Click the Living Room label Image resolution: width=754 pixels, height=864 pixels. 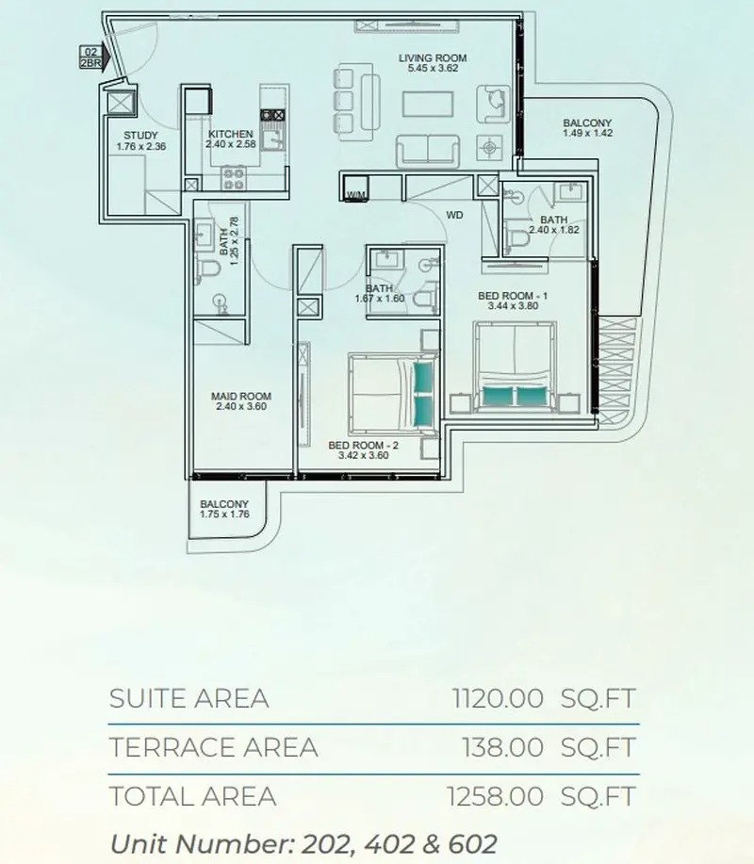coord(432,58)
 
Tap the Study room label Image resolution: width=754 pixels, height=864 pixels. coord(140,135)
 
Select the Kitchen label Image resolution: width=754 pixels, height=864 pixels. coord(231,135)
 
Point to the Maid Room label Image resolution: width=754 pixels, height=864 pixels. coord(241,396)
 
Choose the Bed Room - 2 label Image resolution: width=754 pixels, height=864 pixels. coord(364,444)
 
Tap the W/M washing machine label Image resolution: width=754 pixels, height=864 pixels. coord(356,195)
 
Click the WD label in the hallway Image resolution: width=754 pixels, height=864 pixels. coord(454,215)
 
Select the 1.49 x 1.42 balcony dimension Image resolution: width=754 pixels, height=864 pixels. coord(587,134)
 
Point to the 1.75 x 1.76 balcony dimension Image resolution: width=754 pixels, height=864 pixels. coord(223,514)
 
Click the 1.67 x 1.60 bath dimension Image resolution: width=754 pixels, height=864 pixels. coord(379,299)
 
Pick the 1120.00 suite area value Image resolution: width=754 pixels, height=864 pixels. coord(498,699)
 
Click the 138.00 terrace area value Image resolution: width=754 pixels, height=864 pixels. coord(502,747)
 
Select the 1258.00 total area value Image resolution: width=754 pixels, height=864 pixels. coord(498,796)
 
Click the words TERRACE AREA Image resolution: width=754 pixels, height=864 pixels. coord(213,747)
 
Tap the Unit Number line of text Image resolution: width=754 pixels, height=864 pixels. coord(303,841)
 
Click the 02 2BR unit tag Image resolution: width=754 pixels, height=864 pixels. coord(91,58)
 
